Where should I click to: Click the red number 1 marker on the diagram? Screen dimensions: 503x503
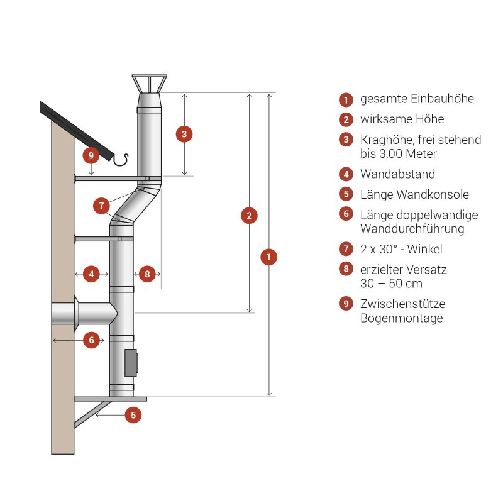[x=269, y=257]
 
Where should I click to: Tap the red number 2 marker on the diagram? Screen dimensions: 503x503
[x=250, y=215]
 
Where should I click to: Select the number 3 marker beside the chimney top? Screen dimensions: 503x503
[x=184, y=134]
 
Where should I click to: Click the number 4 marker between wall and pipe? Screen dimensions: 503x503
[x=92, y=274]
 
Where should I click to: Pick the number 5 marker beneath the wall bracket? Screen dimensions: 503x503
[x=133, y=415]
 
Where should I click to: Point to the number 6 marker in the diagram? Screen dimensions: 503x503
[x=92, y=340]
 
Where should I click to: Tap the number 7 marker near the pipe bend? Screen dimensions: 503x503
[x=101, y=205]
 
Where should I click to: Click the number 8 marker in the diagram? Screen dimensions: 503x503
[x=146, y=274]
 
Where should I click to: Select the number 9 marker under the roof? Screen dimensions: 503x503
[x=91, y=155]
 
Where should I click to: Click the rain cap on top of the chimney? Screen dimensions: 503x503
[x=149, y=84]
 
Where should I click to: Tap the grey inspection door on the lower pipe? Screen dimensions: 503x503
[x=131, y=363]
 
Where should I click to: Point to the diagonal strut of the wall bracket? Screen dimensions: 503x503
[x=94, y=413]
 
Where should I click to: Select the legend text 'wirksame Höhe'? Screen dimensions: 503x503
[x=402, y=119]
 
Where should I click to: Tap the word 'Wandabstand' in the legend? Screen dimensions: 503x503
[x=397, y=174]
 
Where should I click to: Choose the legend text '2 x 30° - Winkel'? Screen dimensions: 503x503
[x=401, y=249]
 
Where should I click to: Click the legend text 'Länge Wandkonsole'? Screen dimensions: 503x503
[x=414, y=194]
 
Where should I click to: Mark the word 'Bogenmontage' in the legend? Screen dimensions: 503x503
[x=401, y=318]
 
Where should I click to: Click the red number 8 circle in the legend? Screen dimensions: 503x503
[x=345, y=270]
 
